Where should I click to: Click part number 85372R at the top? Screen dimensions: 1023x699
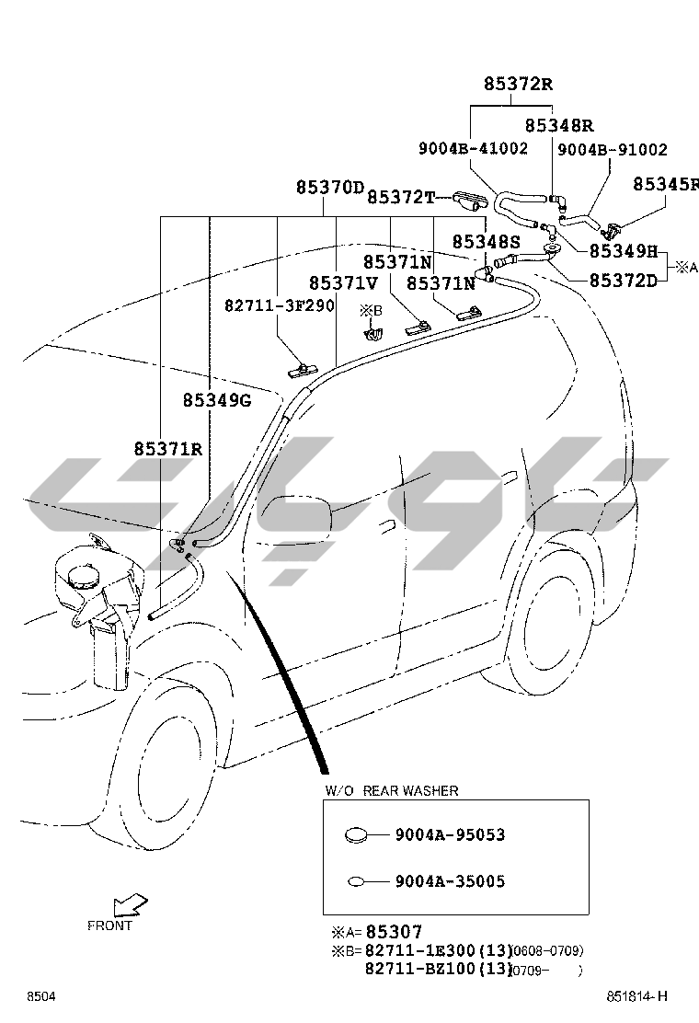tap(519, 85)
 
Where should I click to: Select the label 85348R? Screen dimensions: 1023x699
tap(558, 125)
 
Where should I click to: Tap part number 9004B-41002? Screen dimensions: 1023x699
tap(473, 148)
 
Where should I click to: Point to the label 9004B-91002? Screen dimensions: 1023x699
tap(613, 149)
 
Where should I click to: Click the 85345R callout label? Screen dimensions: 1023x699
tap(666, 184)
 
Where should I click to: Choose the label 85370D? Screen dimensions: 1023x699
tap(330, 188)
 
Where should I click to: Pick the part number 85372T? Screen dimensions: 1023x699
tap(400, 197)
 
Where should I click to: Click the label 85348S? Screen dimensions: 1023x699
tap(486, 242)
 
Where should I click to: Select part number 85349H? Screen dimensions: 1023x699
tap(624, 250)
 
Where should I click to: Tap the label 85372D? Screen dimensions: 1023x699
tap(624, 280)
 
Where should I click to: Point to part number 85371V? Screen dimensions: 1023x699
tap(343, 283)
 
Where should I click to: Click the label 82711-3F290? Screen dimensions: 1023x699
tap(280, 305)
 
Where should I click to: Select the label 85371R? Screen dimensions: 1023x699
tap(167, 449)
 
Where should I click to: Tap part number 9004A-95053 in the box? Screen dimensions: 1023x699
tap(450, 835)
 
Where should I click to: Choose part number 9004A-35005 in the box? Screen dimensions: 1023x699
tap(450, 881)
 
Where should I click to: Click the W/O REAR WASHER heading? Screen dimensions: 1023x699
tap(392, 790)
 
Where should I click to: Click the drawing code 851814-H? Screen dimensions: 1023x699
tap(636, 997)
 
